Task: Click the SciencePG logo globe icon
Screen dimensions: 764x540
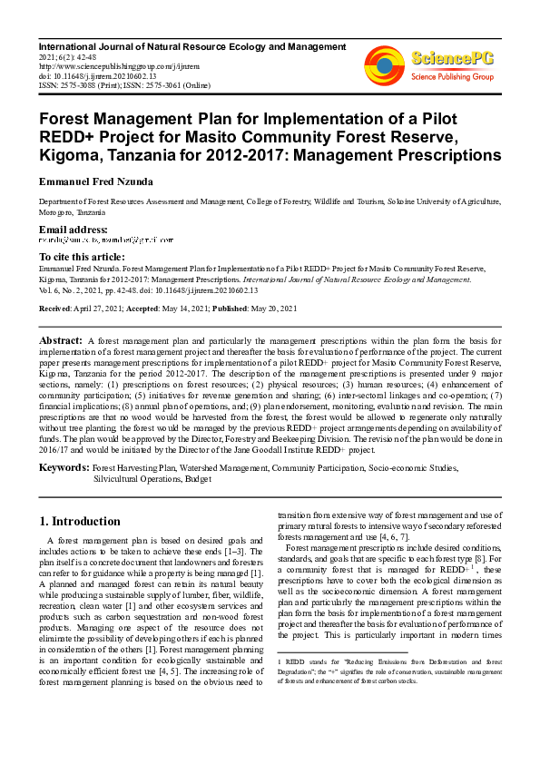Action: coord(384,64)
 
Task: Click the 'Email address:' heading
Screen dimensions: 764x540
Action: coord(73,230)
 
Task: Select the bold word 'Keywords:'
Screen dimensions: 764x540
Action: coord(64,467)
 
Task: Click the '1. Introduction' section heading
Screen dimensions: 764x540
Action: coord(82,522)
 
